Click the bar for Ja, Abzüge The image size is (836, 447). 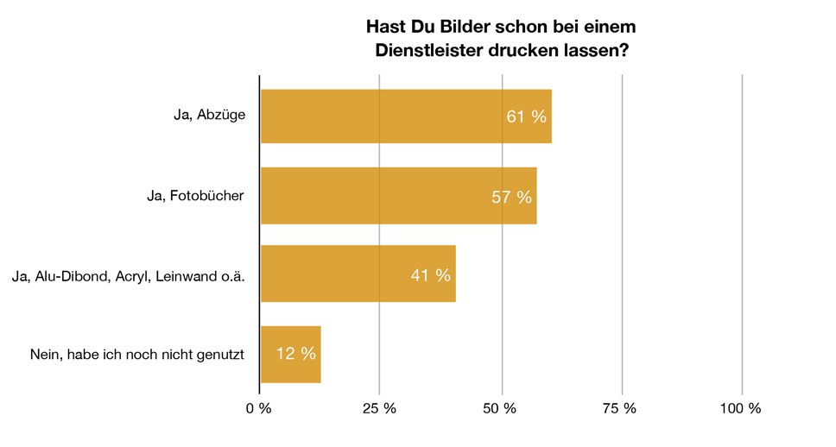[x=405, y=116]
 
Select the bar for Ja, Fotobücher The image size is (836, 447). [x=397, y=196]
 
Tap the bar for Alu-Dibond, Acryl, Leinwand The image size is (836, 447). [x=357, y=274]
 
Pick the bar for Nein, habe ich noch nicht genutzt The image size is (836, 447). [x=290, y=354]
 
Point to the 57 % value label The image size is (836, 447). [x=511, y=197]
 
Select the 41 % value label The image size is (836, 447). [x=430, y=275]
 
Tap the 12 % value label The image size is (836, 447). [x=296, y=354]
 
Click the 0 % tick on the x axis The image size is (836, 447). [x=259, y=408]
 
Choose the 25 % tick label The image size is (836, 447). [x=379, y=408]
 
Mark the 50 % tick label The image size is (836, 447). [x=501, y=408]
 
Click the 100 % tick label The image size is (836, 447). [x=741, y=408]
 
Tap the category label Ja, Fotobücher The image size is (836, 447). [x=196, y=196]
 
